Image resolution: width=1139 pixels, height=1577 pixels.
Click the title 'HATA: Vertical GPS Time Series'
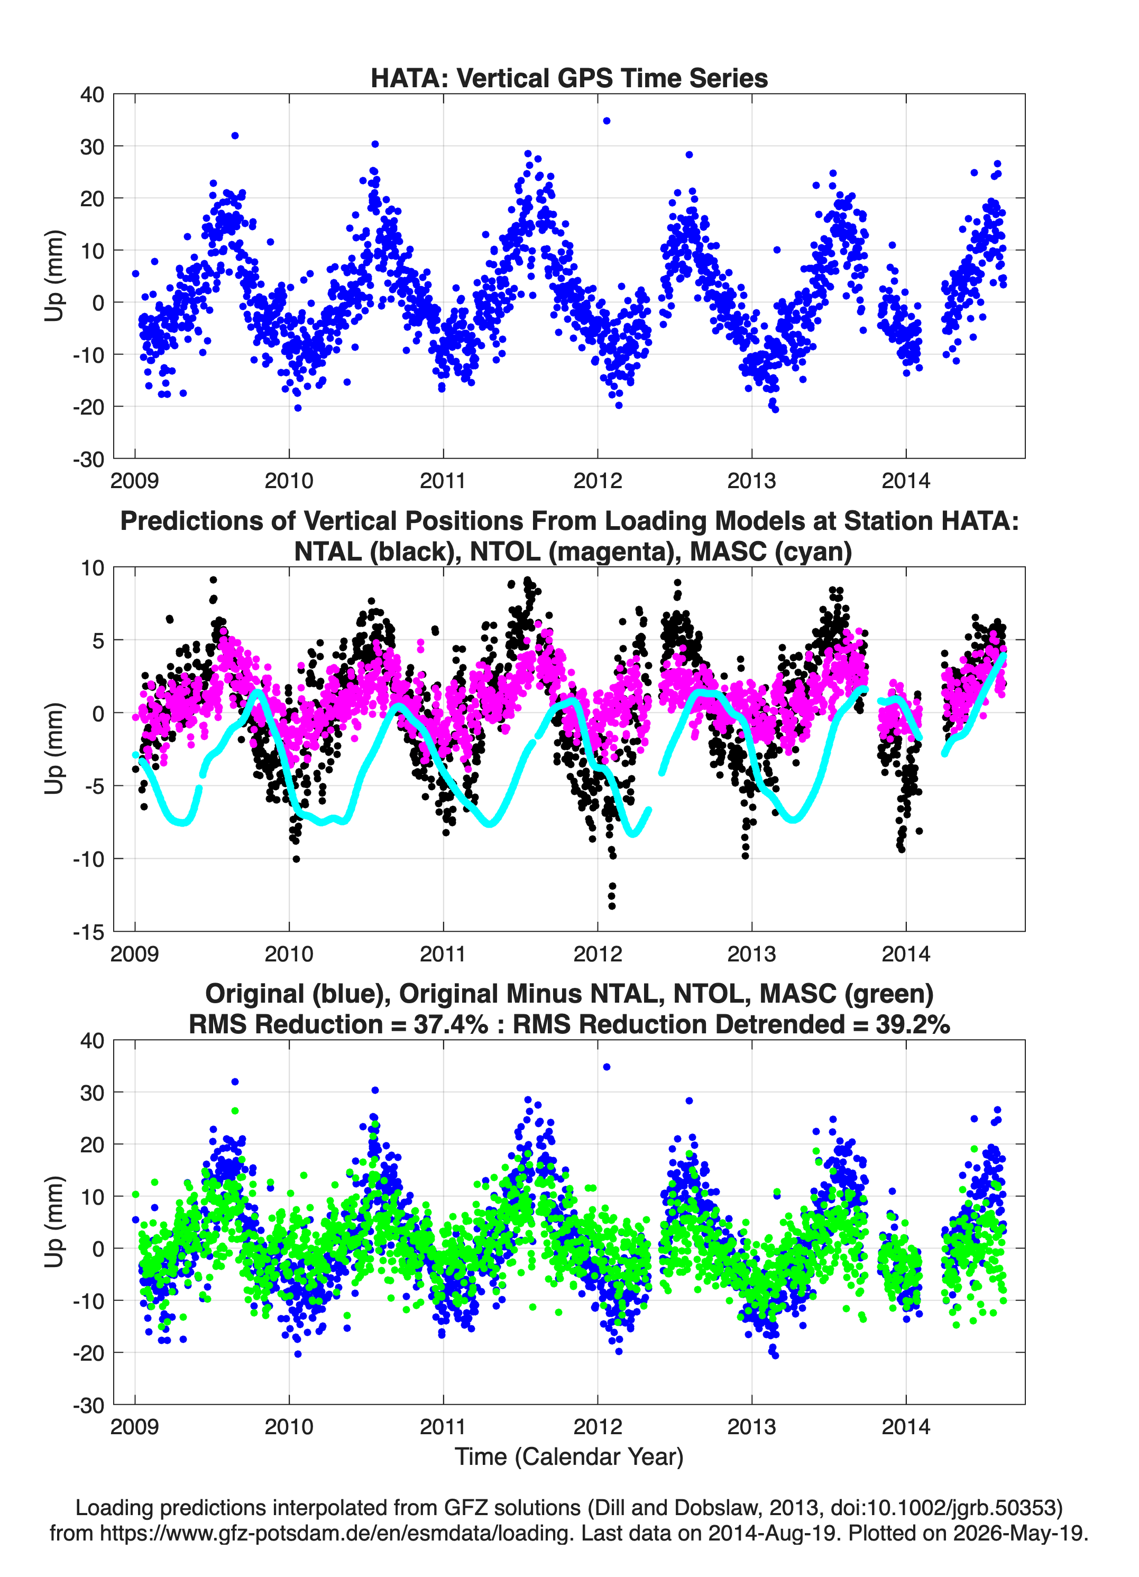click(569, 78)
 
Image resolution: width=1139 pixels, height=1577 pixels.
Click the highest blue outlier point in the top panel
click(607, 121)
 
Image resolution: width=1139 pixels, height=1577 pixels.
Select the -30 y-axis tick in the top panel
click(88, 459)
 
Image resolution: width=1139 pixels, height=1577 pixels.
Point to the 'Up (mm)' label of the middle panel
click(54, 748)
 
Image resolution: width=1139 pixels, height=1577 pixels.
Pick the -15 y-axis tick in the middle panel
click(88, 932)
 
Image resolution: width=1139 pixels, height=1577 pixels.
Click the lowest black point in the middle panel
click(612, 906)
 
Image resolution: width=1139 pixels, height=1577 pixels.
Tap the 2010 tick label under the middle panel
click(289, 953)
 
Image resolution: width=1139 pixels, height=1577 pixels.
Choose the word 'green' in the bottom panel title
click(889, 994)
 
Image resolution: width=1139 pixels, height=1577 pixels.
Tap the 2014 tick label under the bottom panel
click(905, 1427)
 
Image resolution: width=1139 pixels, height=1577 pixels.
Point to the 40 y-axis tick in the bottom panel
click(93, 1041)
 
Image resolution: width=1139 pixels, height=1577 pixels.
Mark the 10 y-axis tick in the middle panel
click(93, 567)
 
